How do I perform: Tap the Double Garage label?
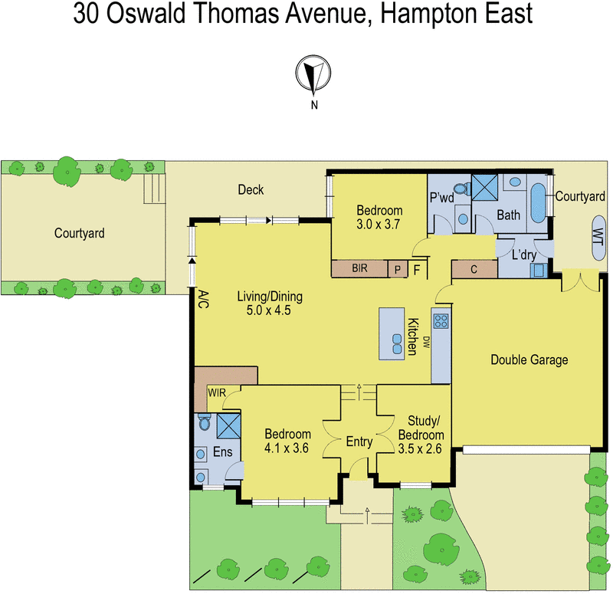(x=529, y=359)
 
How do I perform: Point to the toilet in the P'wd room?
(x=461, y=189)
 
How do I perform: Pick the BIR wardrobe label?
(x=359, y=269)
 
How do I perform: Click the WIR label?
(x=216, y=393)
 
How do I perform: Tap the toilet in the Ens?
(x=204, y=422)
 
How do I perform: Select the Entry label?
(x=359, y=441)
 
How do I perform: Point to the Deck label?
(x=251, y=189)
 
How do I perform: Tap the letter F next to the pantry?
(x=417, y=269)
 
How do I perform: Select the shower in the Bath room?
(x=484, y=186)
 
